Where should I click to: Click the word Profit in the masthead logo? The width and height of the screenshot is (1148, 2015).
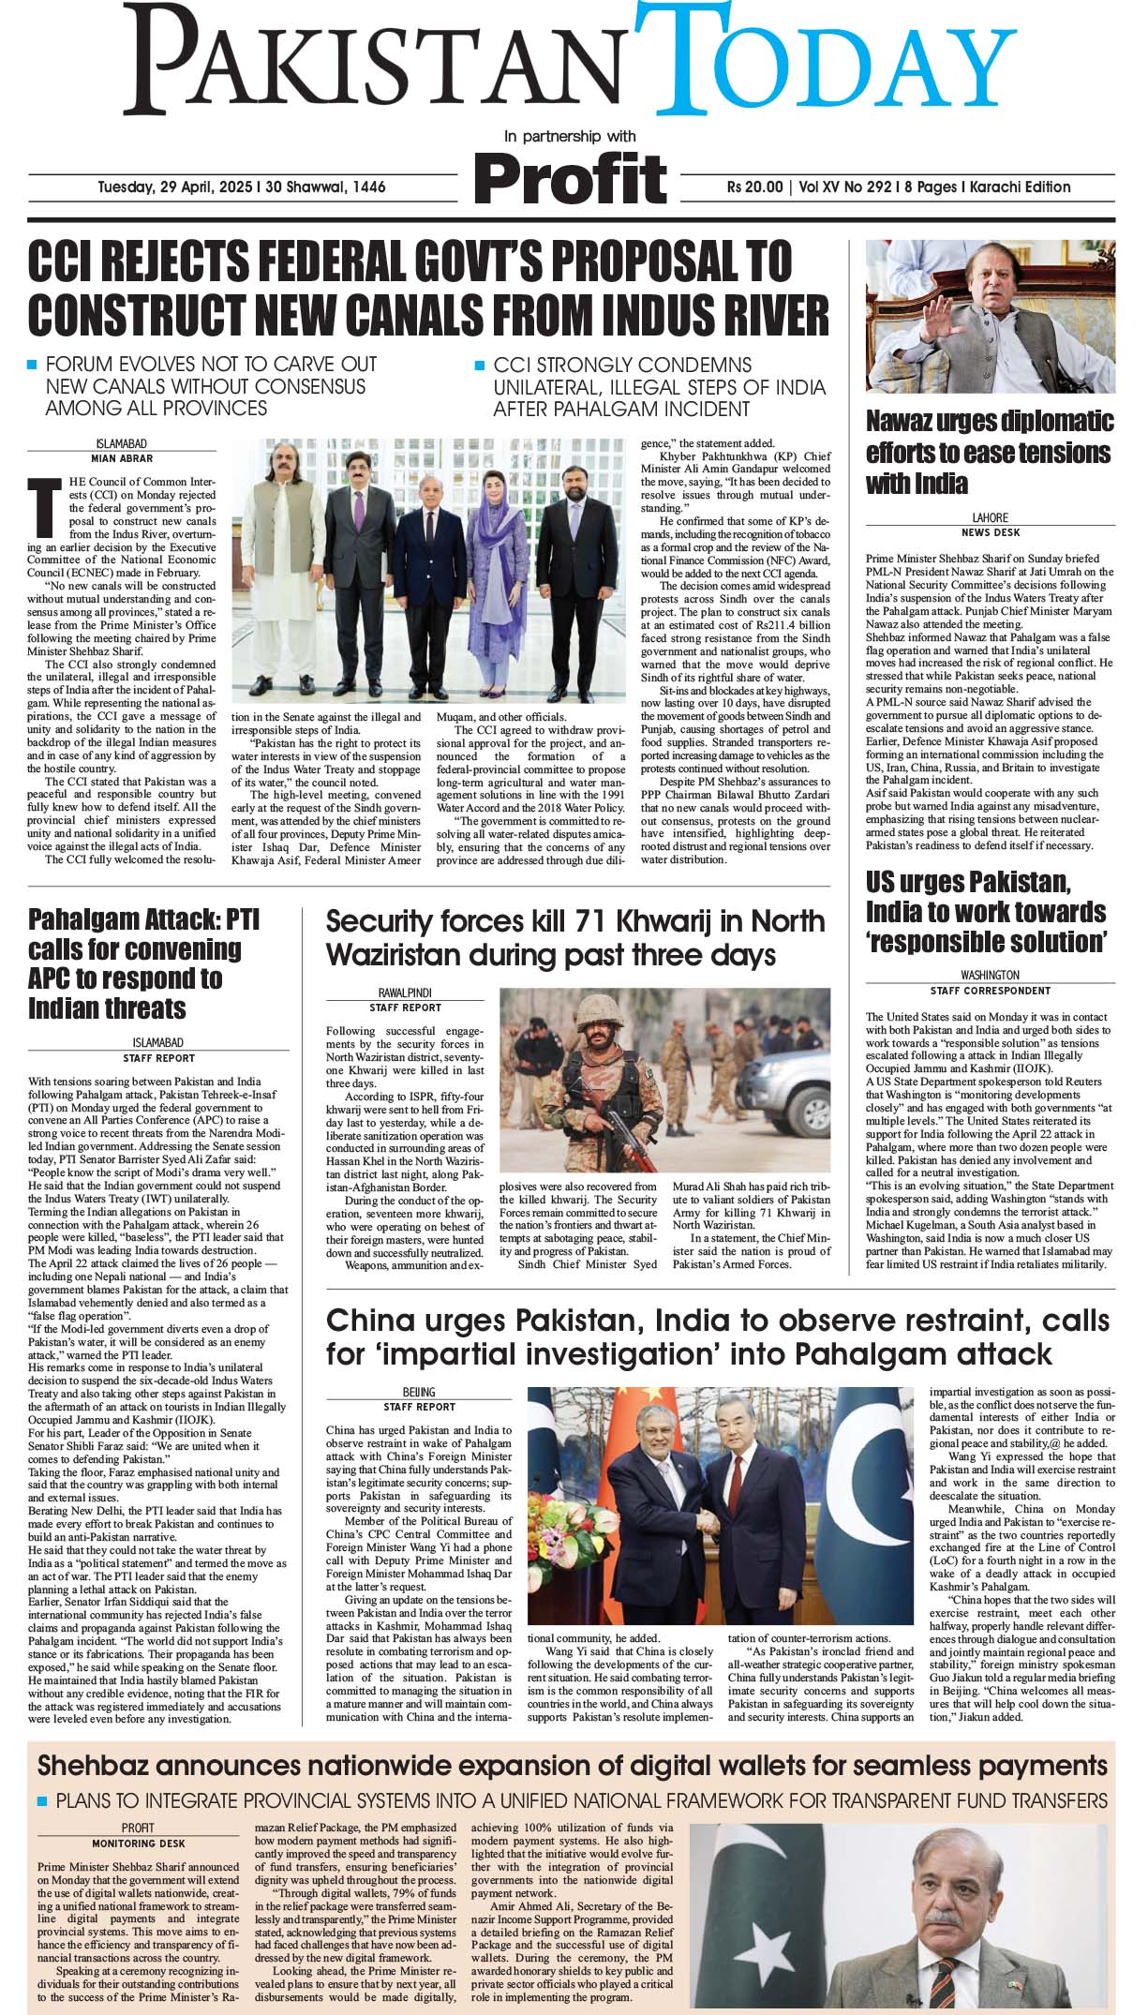(570, 176)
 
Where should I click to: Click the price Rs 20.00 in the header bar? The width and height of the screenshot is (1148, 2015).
(754, 187)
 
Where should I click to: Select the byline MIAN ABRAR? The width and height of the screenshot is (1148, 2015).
(122, 458)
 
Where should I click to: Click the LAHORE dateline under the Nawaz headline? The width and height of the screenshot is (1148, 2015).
(990, 517)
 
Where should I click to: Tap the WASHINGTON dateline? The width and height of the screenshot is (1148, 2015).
(990, 975)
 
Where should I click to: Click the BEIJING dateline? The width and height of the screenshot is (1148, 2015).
(419, 1392)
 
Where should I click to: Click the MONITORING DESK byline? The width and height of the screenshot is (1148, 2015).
(138, 1843)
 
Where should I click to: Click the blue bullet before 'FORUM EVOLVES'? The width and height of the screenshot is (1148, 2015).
(33, 364)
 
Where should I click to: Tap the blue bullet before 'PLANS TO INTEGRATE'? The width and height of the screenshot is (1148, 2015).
(41, 1801)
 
